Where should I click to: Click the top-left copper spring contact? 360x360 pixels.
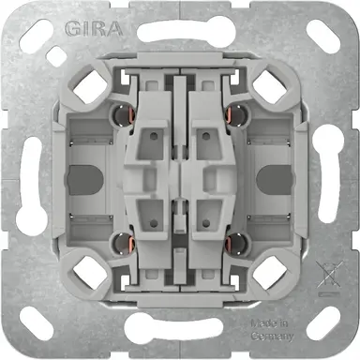(x=119, y=115)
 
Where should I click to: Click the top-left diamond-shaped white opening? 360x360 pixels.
(x=95, y=89)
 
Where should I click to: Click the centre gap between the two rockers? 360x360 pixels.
(x=179, y=178)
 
